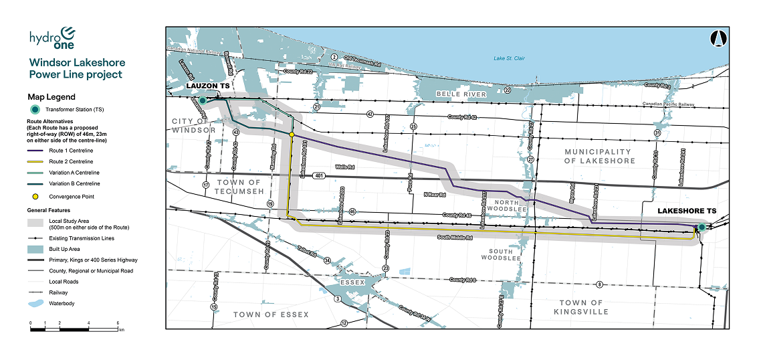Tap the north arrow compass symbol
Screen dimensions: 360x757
(718, 39)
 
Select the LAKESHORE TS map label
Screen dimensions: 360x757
(686, 211)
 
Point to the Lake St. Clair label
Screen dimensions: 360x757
(509, 59)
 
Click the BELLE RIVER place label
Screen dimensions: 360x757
(459, 94)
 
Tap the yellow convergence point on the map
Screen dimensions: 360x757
(292, 134)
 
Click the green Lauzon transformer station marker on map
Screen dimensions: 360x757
(202, 100)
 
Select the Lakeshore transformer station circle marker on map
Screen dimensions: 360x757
(701, 228)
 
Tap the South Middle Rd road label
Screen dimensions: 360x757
(455, 238)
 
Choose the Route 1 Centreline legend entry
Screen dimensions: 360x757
(70, 151)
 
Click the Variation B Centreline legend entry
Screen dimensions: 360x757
(74, 183)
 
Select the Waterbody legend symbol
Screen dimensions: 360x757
(36, 303)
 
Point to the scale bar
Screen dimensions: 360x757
(74, 328)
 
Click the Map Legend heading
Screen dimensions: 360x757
(51, 97)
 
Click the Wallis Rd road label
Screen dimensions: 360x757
(344, 167)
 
